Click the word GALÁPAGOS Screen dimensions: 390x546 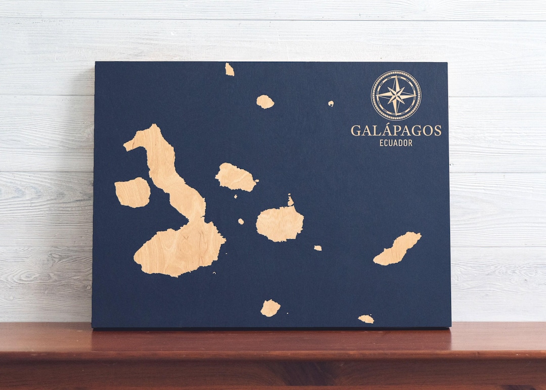point(396,131)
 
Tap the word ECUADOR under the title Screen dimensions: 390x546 point(396,143)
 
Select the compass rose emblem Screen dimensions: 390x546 point(396,95)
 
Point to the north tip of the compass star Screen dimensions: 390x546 point(396,77)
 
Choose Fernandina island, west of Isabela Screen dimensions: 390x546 point(132,192)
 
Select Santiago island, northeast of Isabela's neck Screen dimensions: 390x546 point(236,178)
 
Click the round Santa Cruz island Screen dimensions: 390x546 point(280,223)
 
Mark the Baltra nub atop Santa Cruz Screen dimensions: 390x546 point(290,201)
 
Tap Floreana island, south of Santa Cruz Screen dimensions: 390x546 point(270,308)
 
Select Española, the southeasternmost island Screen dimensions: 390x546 point(366,319)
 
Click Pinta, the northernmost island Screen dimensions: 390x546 point(230,69)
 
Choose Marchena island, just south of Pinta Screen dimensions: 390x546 point(265,102)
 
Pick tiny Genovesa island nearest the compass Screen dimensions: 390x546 point(331,103)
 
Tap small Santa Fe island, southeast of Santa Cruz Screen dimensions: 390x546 point(317,248)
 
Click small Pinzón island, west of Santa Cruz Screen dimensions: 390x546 point(241,221)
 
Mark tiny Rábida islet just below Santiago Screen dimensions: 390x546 point(236,196)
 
